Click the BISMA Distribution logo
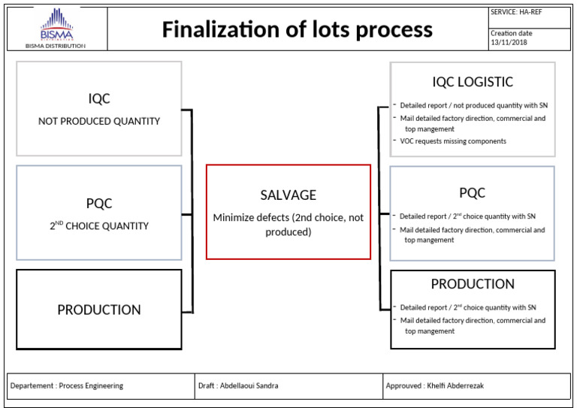56,28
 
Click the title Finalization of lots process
298,29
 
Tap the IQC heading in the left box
99,98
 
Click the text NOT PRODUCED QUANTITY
99,121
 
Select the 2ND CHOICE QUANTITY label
99,225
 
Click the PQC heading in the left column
99,203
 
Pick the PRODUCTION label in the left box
99,310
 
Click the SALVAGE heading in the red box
288,195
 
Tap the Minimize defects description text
288,225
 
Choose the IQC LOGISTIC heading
473,82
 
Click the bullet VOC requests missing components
452,141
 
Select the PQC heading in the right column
473,193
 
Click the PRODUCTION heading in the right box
473,284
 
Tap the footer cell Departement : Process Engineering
67,385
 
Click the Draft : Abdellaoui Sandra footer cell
238,385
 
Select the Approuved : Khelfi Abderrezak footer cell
437,385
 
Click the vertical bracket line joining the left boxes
192,210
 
